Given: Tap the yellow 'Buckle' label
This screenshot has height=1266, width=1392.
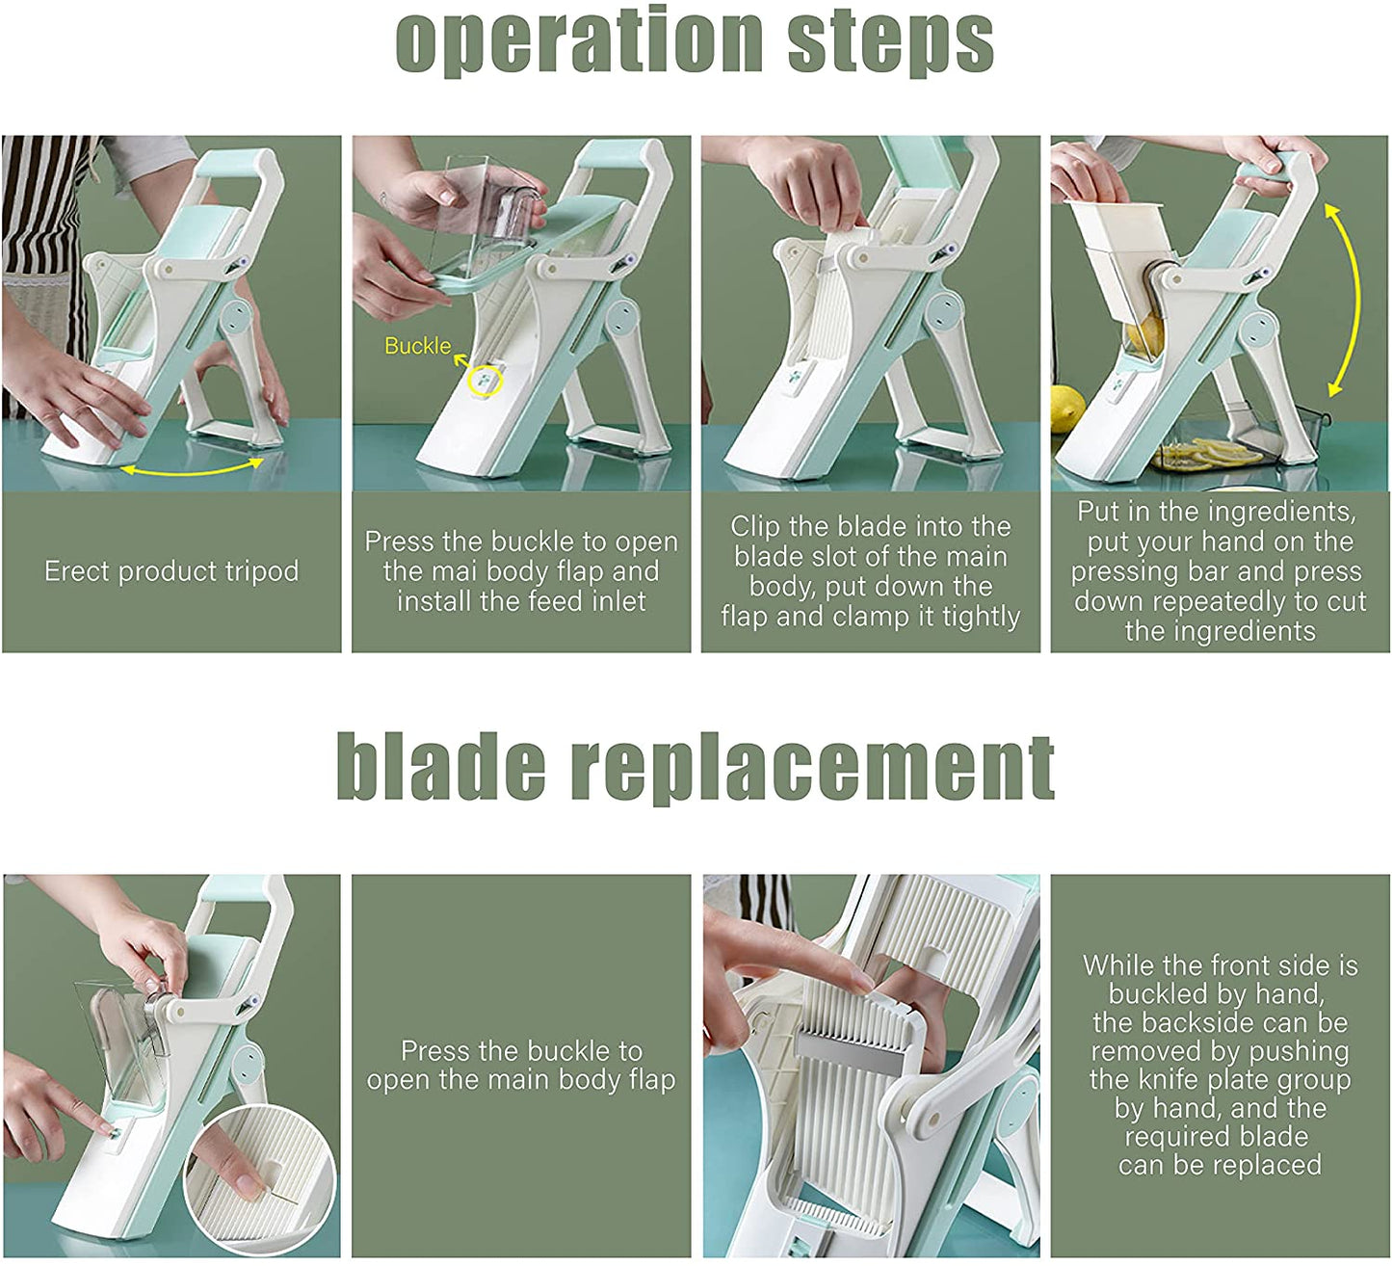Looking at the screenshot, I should [x=417, y=346].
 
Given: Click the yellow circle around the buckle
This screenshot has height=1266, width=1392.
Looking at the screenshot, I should [x=485, y=381].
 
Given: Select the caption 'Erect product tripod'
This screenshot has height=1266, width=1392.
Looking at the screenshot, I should [x=171, y=571].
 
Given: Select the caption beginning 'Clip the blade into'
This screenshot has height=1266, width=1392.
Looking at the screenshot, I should [x=870, y=571].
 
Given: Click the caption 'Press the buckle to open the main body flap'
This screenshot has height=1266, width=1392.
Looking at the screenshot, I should [x=521, y=1065].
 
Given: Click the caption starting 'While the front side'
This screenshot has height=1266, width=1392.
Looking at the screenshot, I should [x=1220, y=1065].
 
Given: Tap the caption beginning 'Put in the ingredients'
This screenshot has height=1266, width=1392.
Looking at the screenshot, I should [x=1220, y=571].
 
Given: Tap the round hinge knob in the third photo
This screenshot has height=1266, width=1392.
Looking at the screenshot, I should [x=944, y=310].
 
